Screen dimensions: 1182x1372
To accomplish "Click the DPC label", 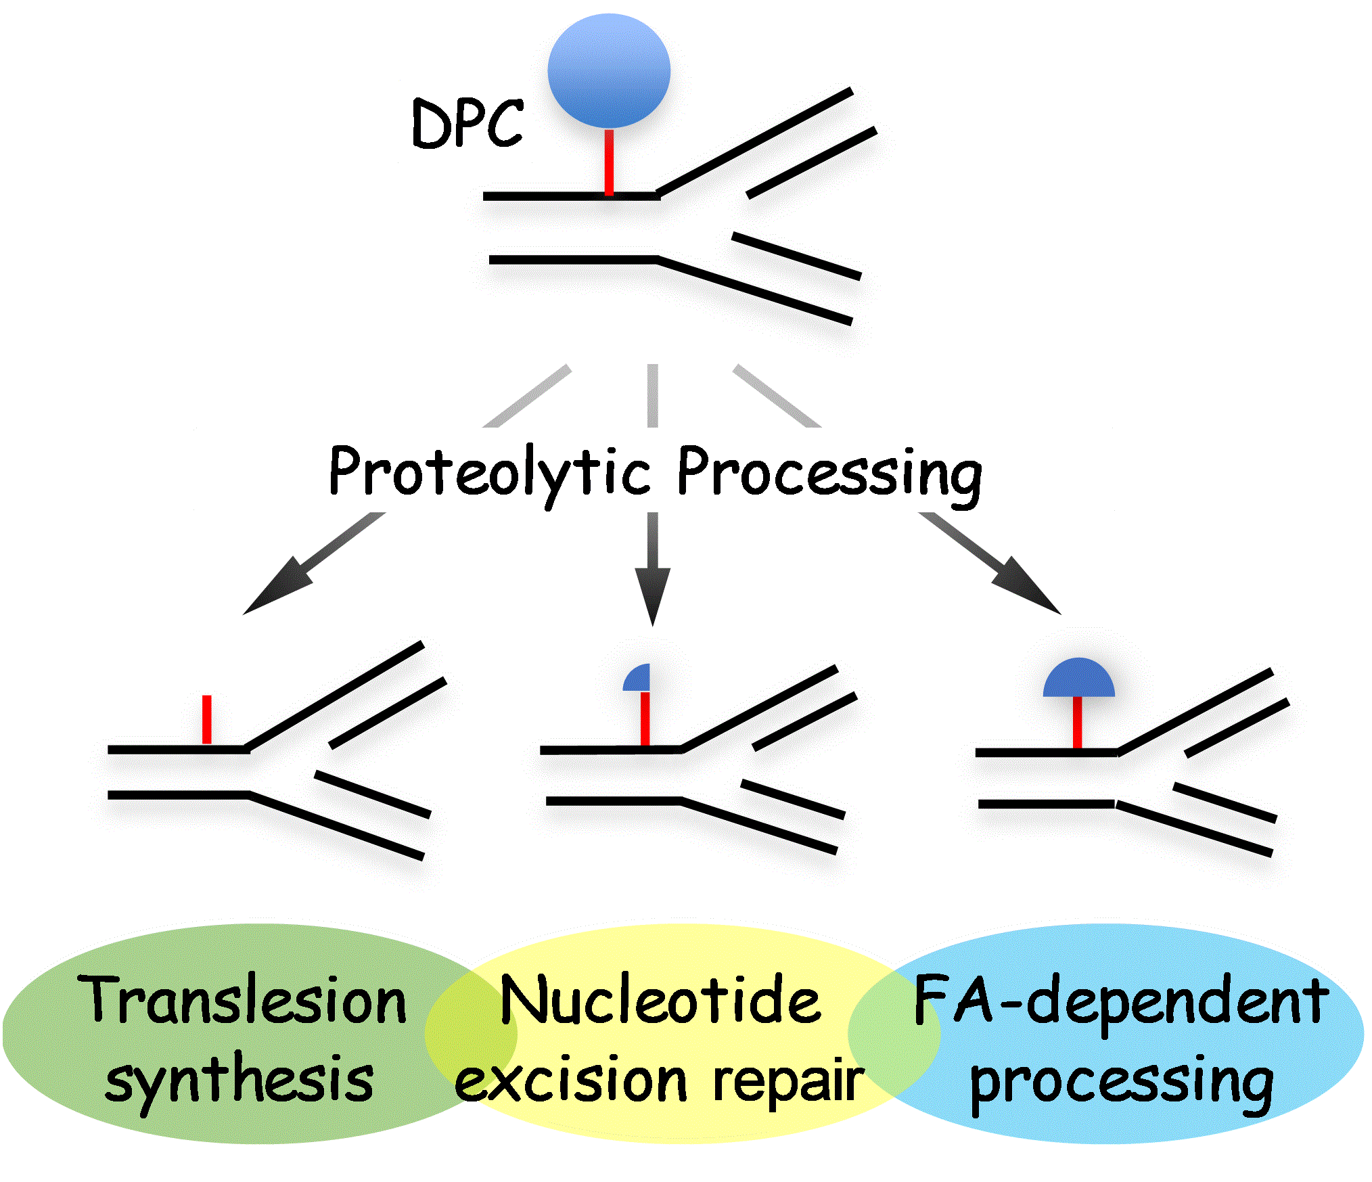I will point(467,123).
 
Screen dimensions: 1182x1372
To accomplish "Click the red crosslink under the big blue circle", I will point(609,162).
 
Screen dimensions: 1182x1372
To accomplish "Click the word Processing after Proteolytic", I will point(829,474).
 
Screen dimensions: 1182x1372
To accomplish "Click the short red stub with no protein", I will point(207,719).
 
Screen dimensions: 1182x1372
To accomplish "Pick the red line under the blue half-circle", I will point(1078,723).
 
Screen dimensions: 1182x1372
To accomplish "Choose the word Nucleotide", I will point(660,1000).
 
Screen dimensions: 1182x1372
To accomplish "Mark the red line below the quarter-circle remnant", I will point(645,719).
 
